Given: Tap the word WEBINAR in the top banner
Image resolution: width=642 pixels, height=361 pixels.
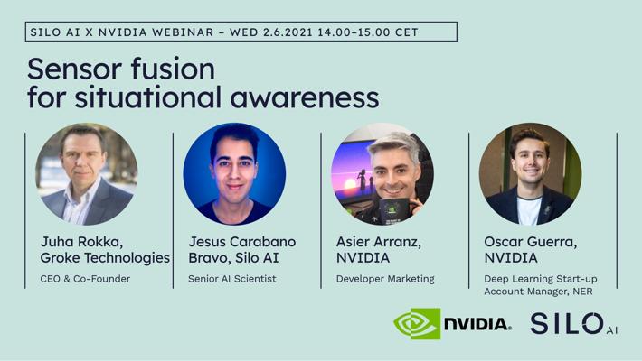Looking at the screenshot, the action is point(183,32).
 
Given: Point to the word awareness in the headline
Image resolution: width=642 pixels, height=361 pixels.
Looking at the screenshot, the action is point(305,98).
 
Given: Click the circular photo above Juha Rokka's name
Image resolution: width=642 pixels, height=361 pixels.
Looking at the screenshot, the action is point(87,174).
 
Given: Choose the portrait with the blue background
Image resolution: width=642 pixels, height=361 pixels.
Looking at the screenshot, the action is point(234,174).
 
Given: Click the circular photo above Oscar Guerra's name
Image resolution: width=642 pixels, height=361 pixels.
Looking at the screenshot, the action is point(530,174).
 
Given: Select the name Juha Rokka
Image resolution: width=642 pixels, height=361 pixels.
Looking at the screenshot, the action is point(81,242).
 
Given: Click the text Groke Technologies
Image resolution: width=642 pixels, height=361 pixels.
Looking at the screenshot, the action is point(105,258).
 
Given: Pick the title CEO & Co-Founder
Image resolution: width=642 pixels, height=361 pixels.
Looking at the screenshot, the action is point(85,279).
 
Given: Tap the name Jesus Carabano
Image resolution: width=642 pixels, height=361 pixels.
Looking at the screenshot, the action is point(242,242).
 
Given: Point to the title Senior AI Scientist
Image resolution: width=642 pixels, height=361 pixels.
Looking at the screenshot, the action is point(232,279).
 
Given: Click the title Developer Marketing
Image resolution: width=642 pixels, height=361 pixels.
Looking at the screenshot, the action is point(385,279).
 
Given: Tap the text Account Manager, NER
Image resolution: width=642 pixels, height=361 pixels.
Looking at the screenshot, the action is point(538,292).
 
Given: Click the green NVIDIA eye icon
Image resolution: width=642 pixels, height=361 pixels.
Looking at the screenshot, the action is point(417,324).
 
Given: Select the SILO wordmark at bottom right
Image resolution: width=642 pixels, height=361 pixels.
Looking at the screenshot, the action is point(567,324).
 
